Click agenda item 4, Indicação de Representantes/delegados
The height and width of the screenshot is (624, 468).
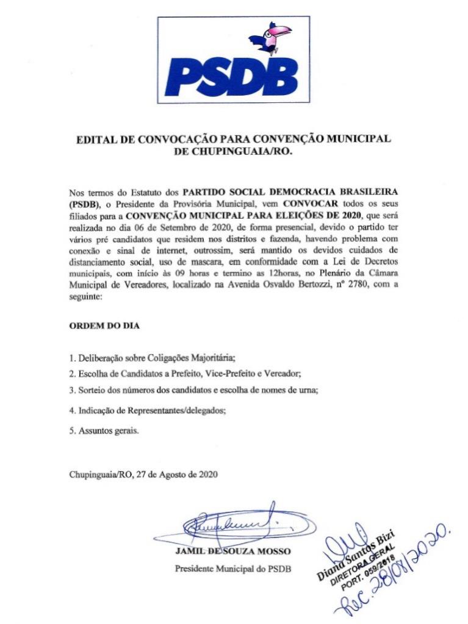[147, 411]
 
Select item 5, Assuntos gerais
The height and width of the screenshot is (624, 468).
[104, 431]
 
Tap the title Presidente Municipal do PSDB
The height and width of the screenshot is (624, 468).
[233, 569]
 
